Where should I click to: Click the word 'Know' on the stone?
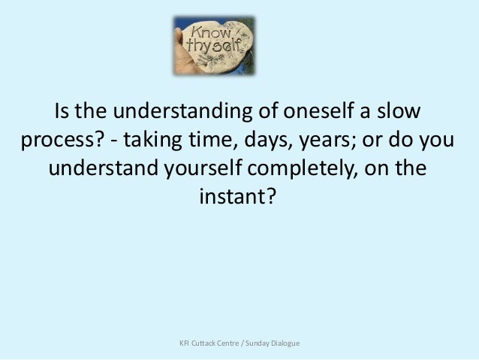pos(210,33)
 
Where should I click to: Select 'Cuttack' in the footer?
pos(208,343)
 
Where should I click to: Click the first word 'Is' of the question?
pos(63,114)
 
